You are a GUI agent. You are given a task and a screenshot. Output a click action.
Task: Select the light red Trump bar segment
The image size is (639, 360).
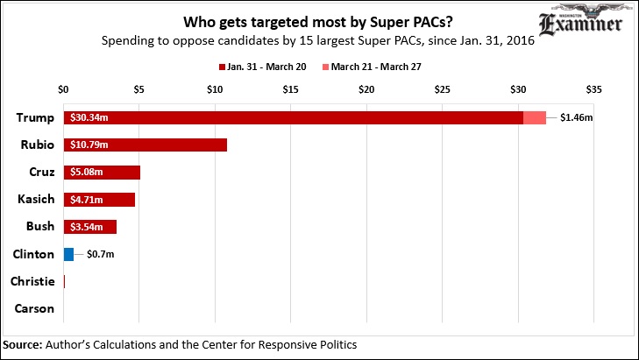coord(535,117)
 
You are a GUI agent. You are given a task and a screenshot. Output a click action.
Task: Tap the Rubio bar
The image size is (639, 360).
coord(146,145)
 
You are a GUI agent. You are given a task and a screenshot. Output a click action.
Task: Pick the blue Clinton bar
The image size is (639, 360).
coord(68,254)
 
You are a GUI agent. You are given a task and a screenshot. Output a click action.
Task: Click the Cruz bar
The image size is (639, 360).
coord(102,172)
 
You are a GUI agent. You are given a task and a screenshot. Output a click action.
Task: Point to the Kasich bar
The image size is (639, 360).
coord(99,199)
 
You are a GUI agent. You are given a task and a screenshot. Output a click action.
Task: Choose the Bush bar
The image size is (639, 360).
coord(90,226)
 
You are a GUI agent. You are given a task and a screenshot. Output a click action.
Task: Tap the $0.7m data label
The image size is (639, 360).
coord(100,254)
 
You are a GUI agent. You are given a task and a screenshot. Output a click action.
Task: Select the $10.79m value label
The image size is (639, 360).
coord(89,145)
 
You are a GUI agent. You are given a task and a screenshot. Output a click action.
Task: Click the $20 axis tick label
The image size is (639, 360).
coord(366,89)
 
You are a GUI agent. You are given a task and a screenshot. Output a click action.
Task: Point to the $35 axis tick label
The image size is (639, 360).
coord(593,89)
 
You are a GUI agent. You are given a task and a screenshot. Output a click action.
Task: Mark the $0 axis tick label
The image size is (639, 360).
coord(63,89)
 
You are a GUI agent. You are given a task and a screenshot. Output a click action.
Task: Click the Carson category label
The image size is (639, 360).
coord(35,308)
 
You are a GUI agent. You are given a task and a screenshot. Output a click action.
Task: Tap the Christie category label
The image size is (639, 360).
coord(32,281)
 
